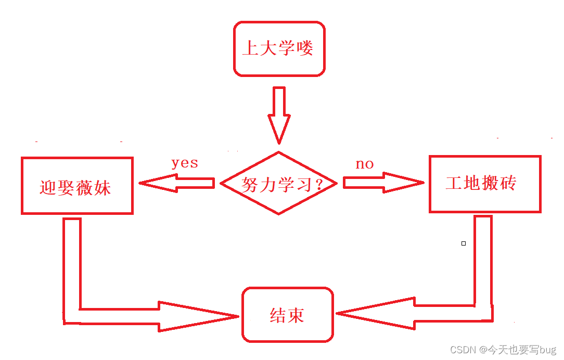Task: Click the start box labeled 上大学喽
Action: tap(279, 49)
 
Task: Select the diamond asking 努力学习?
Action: tap(279, 183)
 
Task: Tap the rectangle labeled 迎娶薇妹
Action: tap(77, 186)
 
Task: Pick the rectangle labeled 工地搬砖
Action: tap(485, 184)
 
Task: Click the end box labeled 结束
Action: tap(287, 315)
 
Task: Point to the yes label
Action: tap(185, 163)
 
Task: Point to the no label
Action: tap(365, 164)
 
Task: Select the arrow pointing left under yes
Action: tap(177, 183)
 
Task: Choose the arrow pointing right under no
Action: tap(383, 183)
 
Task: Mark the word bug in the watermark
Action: tap(548, 350)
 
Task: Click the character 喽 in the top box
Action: tap(305, 49)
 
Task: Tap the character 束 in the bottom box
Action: tap(296, 315)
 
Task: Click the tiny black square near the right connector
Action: tap(464, 243)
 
